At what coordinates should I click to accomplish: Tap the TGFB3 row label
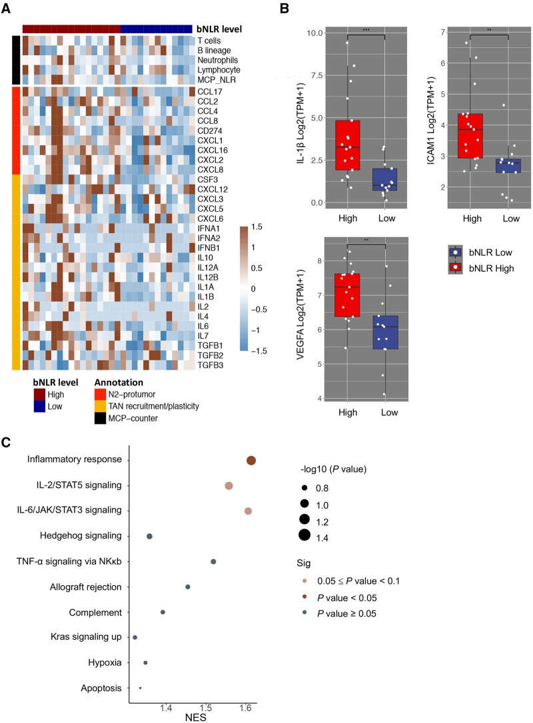point(209,365)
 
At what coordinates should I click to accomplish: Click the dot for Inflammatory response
point(251,461)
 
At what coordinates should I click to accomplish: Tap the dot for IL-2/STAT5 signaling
point(229,486)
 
